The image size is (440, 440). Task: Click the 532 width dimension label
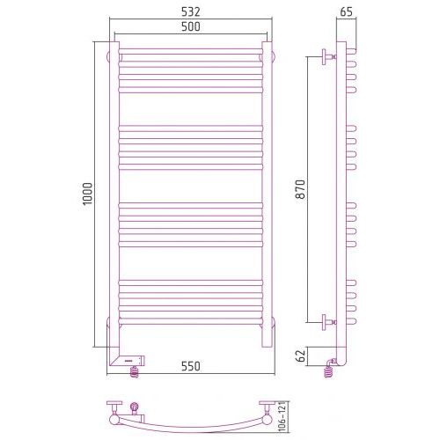pos(191,11)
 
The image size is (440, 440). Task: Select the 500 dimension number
pos(191,26)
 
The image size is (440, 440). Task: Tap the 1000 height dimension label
pos(87,194)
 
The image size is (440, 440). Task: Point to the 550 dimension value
pos(191,366)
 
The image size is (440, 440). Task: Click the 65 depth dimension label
pos(346,11)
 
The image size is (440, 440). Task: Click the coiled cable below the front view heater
pos(134,372)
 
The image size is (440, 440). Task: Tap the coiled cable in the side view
pos(329,370)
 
